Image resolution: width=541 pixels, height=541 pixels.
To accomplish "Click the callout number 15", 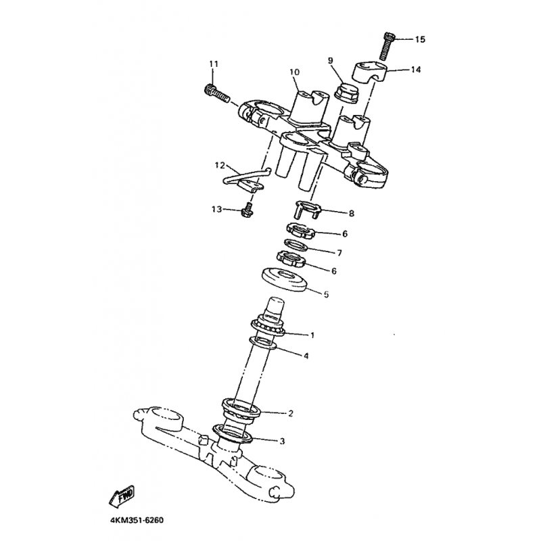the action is click(x=420, y=39).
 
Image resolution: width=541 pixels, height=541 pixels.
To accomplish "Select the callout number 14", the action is click(x=416, y=70).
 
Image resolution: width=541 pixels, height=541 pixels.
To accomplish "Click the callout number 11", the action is click(x=214, y=64).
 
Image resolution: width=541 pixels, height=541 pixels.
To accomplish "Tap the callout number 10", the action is click(x=295, y=72).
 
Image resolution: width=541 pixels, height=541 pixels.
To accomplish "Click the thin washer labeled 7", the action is click(x=296, y=245).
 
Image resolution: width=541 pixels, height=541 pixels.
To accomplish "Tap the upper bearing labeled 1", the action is click(x=268, y=328).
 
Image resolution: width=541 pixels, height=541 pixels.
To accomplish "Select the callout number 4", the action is click(x=306, y=356).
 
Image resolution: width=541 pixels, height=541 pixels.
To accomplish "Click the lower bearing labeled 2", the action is click(x=241, y=410).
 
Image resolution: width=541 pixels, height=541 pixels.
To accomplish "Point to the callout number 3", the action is click(x=282, y=441).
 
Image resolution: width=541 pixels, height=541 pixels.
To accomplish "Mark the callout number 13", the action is click(x=216, y=209).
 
